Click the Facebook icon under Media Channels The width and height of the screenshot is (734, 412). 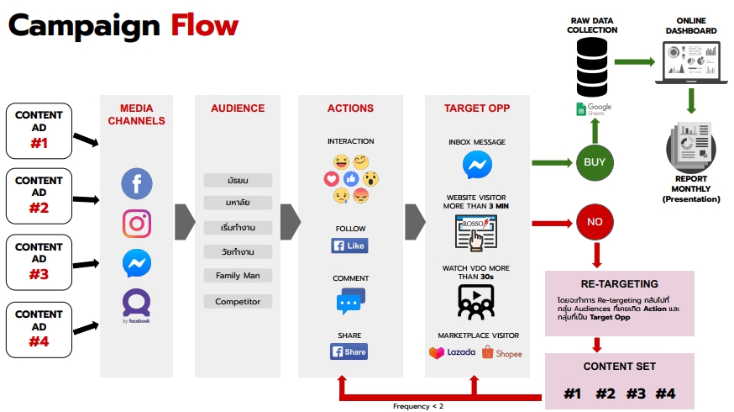[x=136, y=182]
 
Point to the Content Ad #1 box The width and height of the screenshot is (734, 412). [x=39, y=130]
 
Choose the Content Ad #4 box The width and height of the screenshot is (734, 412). [x=39, y=328]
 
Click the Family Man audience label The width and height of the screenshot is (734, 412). [x=238, y=275]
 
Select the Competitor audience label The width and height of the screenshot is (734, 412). [x=238, y=301]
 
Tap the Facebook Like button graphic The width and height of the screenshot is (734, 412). [x=349, y=246]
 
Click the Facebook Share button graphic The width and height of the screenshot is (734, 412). [x=349, y=351]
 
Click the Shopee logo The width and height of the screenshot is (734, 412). [x=502, y=353]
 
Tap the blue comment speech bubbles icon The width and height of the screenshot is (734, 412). [x=350, y=301]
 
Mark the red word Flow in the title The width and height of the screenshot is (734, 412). [x=205, y=26]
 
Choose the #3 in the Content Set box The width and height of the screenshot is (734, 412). [x=635, y=394]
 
